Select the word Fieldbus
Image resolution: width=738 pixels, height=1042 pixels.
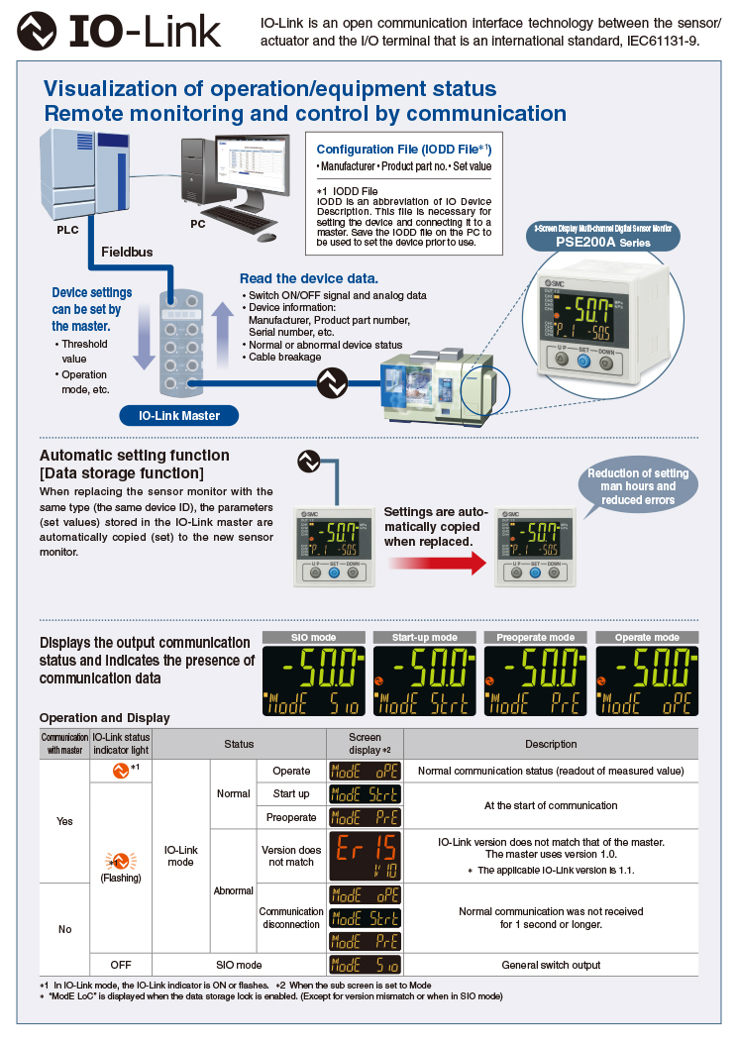[x=127, y=253]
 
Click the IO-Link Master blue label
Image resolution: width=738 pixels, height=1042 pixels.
[x=178, y=415]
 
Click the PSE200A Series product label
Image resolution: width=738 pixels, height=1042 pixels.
[x=602, y=241]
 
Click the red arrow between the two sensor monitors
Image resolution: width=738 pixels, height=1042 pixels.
[x=436, y=564]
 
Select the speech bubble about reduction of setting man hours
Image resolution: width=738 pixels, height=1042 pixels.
[x=637, y=486]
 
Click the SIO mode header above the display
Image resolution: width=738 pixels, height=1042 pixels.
[x=314, y=637]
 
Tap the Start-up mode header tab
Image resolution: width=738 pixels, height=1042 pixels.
[x=424, y=637]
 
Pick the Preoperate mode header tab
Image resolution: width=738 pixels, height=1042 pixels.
[x=536, y=637]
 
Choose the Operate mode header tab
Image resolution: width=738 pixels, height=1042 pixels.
[x=647, y=637]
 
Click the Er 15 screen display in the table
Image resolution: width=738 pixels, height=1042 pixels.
[x=365, y=856]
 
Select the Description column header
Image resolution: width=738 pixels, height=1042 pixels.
[x=551, y=744]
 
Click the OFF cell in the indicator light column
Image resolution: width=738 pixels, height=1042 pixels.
[x=121, y=965]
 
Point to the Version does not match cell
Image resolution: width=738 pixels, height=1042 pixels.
[x=291, y=856]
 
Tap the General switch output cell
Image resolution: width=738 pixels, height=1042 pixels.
[x=551, y=965]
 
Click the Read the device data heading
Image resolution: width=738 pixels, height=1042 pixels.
[x=308, y=278]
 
